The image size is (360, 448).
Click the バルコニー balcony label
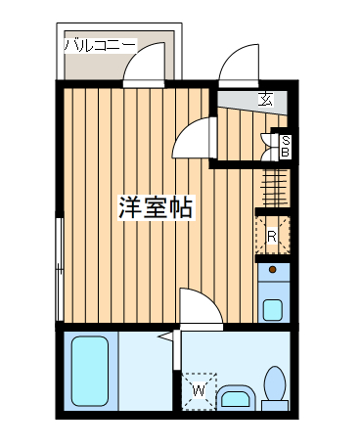click(101, 44)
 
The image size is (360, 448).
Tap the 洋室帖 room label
click(154, 207)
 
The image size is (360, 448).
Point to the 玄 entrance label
click(265, 99)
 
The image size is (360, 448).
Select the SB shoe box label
click(285, 146)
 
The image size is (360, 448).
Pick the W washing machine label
click(199, 390)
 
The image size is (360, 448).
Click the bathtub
click(90, 373)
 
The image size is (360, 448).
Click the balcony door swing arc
click(148, 67)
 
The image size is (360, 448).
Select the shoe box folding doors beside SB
click(270, 146)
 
